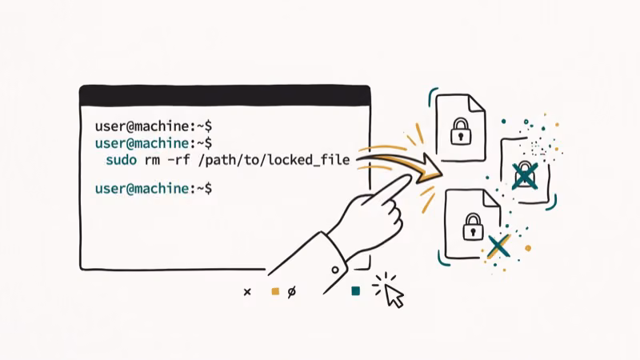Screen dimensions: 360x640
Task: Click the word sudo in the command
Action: tap(121, 161)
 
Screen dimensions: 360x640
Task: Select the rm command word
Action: tap(153, 161)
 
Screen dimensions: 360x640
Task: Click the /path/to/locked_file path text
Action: tap(274, 161)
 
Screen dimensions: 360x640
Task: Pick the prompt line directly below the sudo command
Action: tap(153, 189)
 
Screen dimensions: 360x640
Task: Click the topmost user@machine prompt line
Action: tap(153, 126)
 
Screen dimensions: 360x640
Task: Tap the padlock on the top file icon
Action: tap(459, 131)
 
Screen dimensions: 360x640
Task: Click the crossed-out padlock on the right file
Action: tap(524, 175)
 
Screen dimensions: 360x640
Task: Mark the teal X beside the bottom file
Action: tap(498, 246)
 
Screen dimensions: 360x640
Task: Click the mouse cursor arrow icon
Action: tap(394, 295)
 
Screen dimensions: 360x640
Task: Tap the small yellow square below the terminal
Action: tap(274, 292)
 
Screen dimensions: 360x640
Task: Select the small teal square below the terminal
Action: tap(356, 291)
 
